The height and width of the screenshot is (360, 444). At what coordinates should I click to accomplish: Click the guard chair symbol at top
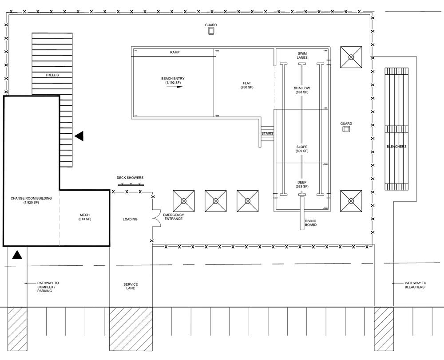211,30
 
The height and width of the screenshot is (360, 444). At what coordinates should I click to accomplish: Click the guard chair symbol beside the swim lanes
346,129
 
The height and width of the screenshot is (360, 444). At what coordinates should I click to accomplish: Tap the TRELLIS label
52,75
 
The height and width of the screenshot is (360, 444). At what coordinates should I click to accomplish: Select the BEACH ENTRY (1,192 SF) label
173,80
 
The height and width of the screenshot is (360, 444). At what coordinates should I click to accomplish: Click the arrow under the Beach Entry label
174,87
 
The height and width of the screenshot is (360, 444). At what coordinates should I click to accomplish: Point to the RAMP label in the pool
174,52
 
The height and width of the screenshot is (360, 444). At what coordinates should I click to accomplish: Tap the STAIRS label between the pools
267,134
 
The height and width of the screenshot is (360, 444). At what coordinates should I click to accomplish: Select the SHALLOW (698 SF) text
302,90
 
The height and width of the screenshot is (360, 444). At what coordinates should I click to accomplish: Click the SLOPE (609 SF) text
302,149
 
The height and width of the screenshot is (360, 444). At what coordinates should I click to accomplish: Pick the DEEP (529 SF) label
302,184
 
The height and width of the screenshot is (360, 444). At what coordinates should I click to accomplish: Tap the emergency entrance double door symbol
155,217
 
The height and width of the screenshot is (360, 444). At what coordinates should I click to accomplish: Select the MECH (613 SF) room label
84,217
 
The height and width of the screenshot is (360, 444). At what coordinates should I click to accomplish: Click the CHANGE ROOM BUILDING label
31,200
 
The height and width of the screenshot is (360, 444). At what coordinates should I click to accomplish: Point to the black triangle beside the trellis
79,136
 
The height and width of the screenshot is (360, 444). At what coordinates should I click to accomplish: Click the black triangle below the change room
17,255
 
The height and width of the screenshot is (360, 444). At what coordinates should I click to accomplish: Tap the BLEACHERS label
396,147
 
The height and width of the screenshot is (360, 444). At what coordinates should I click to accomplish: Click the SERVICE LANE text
131,286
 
